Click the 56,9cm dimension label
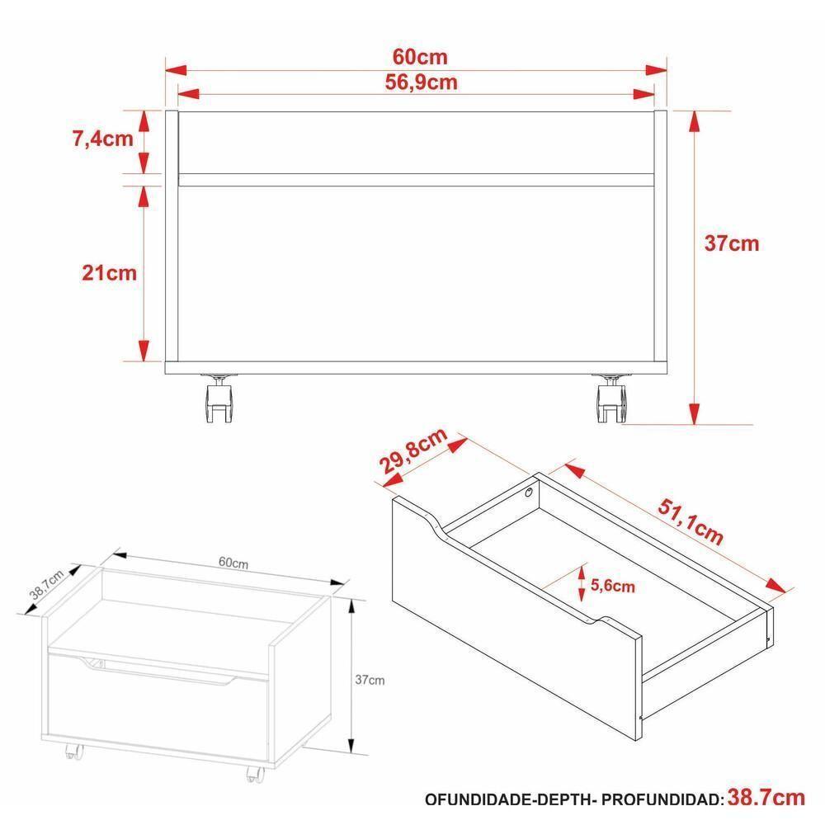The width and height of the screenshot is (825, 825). [421, 82]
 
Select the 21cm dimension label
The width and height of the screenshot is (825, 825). [109, 272]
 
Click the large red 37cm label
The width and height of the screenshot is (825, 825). [731, 244]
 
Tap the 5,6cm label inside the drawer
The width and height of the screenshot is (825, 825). [613, 587]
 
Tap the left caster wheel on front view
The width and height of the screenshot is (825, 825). [219, 402]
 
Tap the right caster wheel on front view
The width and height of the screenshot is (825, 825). [611, 402]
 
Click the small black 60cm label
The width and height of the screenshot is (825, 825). [233, 563]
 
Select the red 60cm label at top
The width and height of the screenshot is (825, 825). [420, 57]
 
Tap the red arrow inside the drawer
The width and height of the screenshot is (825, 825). [582, 585]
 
